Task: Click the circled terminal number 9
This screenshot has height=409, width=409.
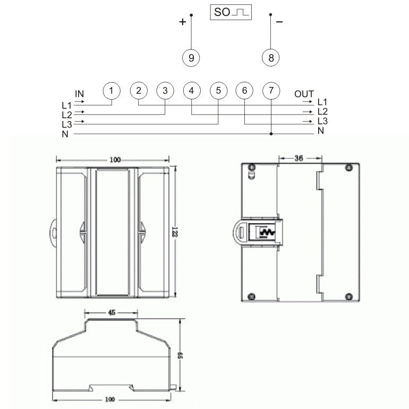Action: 191,58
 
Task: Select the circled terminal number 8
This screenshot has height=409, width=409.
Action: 271,58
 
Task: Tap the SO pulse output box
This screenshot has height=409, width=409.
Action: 231,12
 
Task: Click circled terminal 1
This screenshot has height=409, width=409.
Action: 112,91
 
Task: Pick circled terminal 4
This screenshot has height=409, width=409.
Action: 192,91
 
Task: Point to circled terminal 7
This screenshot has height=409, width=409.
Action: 271,91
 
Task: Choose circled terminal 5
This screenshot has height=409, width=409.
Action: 219,91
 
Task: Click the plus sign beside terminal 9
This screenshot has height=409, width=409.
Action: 183,22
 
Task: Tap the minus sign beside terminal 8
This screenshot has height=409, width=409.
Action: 279,22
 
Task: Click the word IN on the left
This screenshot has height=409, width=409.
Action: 79,93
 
